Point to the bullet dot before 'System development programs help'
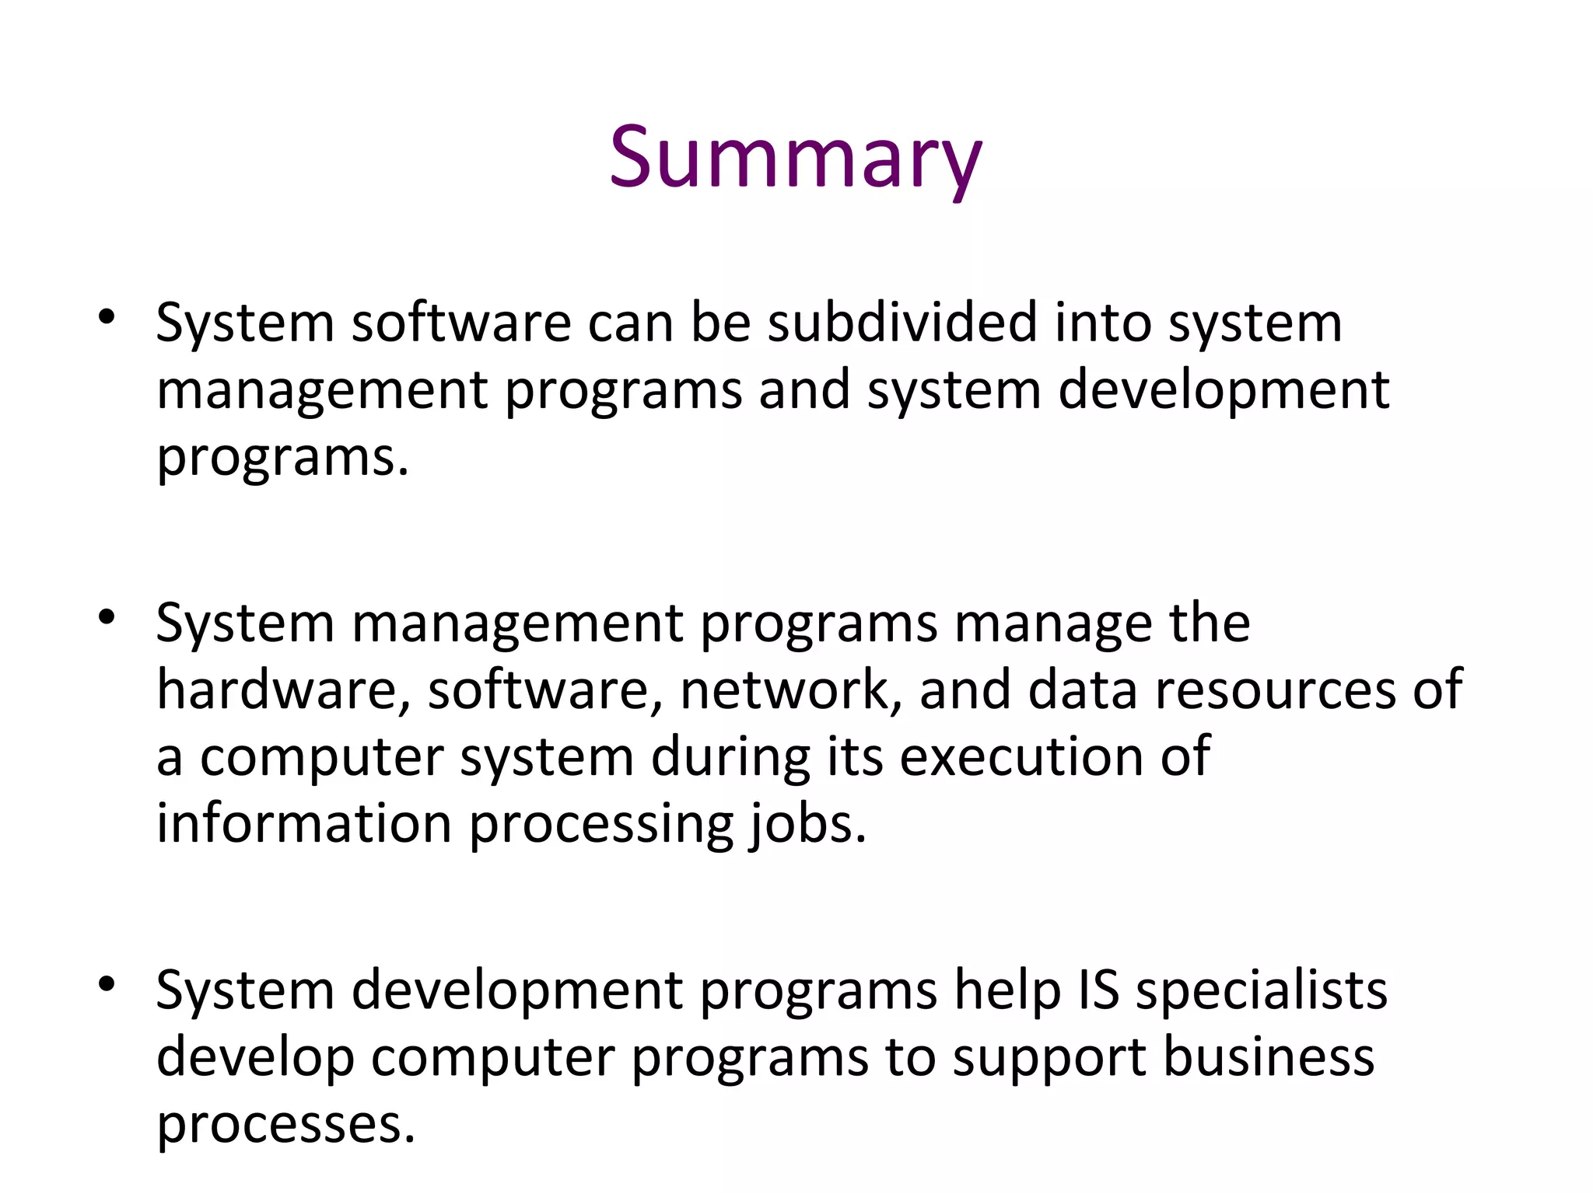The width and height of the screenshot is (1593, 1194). tap(107, 984)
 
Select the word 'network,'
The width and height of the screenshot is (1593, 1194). tap(790, 690)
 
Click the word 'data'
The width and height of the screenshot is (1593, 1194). tap(1082, 690)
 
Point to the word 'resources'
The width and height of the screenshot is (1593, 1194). tap(1276, 690)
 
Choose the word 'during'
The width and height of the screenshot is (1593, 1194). tap(730, 756)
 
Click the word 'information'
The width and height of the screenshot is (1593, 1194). tap(304, 823)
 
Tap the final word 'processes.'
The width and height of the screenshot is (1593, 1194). tap(285, 1126)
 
